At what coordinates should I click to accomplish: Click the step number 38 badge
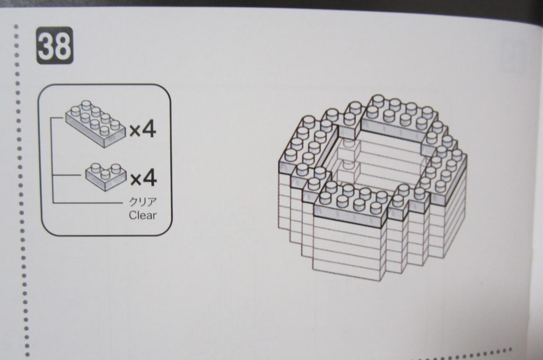click(x=55, y=46)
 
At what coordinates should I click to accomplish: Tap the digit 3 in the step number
click(x=47, y=46)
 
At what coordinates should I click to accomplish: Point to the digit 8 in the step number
click(x=63, y=46)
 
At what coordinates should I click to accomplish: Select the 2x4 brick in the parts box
click(x=95, y=124)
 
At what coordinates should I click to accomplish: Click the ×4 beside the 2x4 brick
click(x=143, y=130)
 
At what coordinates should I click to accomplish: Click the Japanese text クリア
click(x=143, y=201)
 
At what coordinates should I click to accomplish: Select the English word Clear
click(x=143, y=215)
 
